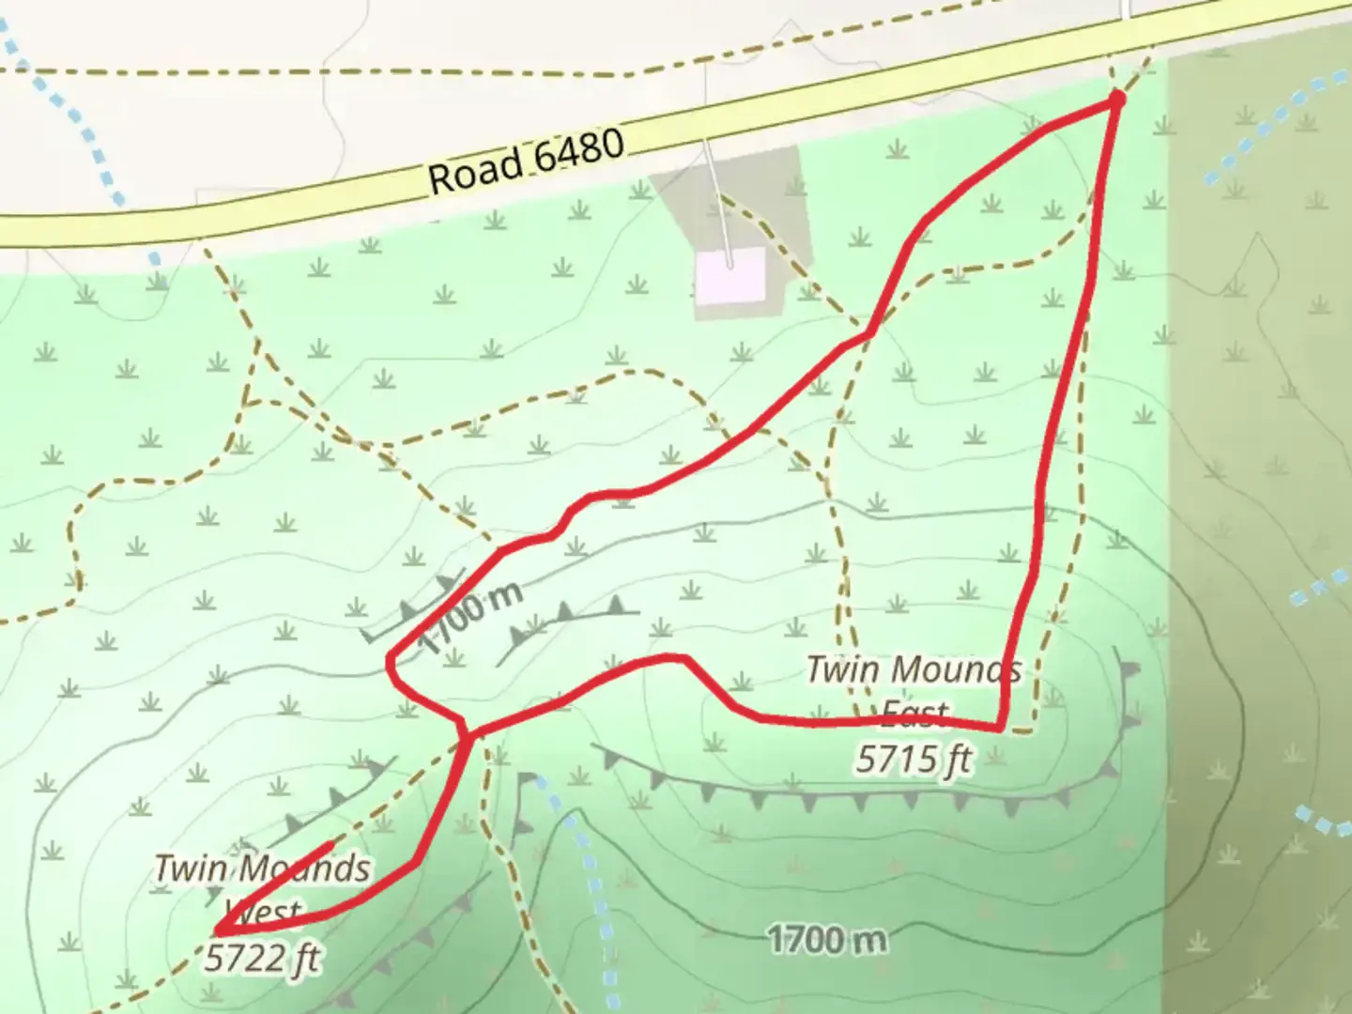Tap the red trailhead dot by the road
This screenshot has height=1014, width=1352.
coord(1116,98)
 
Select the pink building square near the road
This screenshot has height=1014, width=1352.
coord(730,276)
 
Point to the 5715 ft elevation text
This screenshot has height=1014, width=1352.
coord(913,758)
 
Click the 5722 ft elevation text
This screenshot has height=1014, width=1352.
coord(262,959)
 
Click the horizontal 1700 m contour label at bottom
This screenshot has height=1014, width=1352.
coord(826,938)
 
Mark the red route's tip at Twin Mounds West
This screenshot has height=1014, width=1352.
coord(218,930)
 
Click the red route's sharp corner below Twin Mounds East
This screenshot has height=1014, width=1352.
coord(1001,728)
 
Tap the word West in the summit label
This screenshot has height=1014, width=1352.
coord(262,911)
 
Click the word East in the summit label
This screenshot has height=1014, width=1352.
coord(915,715)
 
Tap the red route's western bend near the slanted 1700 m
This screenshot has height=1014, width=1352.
coord(390,664)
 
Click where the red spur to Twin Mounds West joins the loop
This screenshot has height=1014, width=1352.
coord(466,733)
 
